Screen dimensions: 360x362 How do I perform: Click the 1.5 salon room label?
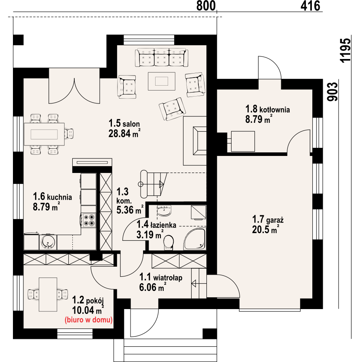[x=124, y=123]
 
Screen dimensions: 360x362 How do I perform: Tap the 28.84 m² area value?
[x=124, y=133]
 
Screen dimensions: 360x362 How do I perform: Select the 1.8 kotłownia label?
[x=267, y=109]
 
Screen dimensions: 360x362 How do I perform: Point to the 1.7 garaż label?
[x=268, y=219]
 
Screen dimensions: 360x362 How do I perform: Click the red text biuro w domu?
[x=88, y=320]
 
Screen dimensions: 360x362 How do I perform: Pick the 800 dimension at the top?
[x=206, y=6]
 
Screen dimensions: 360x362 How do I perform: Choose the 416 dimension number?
[x=310, y=6]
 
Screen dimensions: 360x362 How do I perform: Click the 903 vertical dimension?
[x=333, y=92]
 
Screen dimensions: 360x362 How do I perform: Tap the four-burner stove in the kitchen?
[x=89, y=220]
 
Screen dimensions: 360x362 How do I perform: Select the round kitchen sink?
[x=48, y=242]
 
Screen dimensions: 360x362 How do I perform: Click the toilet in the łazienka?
[x=168, y=243]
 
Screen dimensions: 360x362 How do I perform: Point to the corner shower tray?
[x=194, y=239]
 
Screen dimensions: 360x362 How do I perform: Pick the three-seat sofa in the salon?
[x=161, y=57]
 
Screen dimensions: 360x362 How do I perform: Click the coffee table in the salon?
[x=162, y=81]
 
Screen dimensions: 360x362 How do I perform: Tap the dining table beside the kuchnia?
[x=44, y=134]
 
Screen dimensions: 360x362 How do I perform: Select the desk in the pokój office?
[x=48, y=295]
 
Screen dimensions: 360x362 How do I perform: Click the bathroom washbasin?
[x=164, y=210]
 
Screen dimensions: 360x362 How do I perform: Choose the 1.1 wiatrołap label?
[x=161, y=277]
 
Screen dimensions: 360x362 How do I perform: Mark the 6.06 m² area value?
[x=153, y=287]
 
